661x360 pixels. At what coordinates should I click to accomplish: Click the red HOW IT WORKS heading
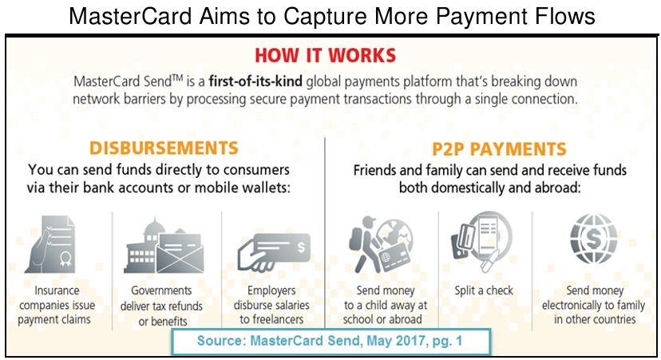[x=326, y=56]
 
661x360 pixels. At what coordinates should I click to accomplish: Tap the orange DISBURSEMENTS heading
[x=164, y=148]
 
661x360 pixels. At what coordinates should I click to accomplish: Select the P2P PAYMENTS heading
[x=499, y=149]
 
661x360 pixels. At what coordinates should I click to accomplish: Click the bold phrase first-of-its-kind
[x=255, y=81]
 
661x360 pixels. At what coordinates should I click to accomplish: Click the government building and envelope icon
[x=164, y=246]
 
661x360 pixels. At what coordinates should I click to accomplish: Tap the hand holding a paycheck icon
[x=274, y=252]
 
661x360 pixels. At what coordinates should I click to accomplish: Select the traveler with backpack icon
[x=381, y=244]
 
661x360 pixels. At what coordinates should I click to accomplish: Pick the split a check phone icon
[x=481, y=241]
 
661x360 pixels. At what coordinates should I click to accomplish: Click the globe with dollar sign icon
[x=594, y=239]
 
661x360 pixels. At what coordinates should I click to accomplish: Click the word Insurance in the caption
[x=57, y=291]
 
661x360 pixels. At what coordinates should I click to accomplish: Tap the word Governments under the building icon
[x=161, y=291]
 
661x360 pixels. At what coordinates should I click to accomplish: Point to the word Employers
[x=271, y=291]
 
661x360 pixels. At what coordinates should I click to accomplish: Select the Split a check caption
[x=484, y=291]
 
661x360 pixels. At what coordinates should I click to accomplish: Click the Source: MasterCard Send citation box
[x=331, y=341]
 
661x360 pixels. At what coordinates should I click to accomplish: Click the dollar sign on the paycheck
[x=301, y=247]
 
